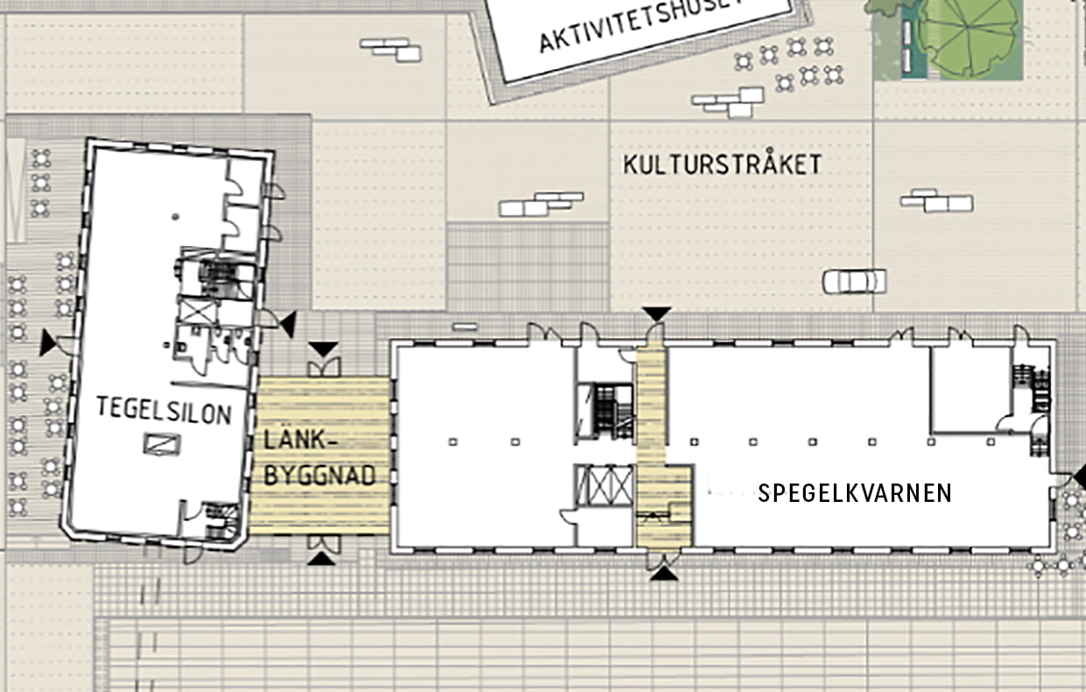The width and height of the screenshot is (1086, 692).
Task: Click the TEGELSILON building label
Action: [x=164, y=410]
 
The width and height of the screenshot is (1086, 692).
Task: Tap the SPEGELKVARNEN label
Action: [x=855, y=493]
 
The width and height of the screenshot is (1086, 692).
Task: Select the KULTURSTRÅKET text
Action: [x=723, y=164]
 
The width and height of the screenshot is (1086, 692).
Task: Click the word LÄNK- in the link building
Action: [x=300, y=441]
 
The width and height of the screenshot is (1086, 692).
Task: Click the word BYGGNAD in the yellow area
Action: [x=320, y=475]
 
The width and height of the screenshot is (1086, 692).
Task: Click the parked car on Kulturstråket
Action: [x=854, y=282]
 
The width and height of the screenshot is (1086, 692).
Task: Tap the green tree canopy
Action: [x=969, y=39]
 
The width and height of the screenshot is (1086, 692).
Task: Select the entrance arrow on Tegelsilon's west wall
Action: [x=48, y=342]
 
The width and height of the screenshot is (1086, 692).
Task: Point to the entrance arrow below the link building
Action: [x=322, y=559]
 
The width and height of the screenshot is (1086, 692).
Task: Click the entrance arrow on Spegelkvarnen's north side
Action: [x=657, y=314]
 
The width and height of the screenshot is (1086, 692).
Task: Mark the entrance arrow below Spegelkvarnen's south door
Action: [x=664, y=574]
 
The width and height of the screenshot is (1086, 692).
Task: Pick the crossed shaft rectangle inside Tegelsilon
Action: [x=198, y=311]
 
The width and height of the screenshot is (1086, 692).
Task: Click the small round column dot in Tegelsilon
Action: [x=175, y=216]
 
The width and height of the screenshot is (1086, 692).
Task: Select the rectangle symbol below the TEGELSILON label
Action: [x=162, y=444]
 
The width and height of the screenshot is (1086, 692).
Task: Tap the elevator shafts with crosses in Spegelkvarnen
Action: [x=604, y=486]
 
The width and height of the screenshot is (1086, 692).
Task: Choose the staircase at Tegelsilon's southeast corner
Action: [x=221, y=521]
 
